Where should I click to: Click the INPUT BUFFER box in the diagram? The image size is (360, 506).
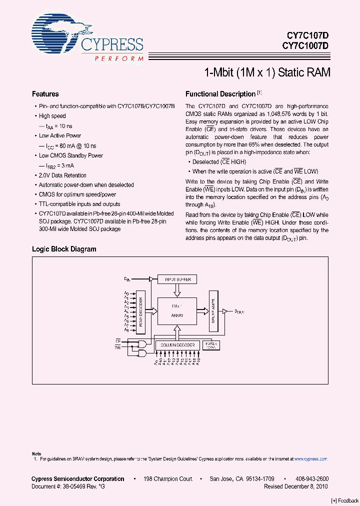[x=177, y=279]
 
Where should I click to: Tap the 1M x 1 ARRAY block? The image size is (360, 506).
[x=177, y=310]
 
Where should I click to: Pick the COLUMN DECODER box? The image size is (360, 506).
[x=177, y=345]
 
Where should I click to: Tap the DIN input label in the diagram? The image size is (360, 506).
[x=127, y=278]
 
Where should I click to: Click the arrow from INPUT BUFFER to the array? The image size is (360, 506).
[x=177, y=290]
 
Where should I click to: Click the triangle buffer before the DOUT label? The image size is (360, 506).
[x=225, y=310]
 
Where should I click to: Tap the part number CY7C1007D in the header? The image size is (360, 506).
[x=305, y=45]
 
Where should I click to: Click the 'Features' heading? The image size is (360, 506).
[x=45, y=94]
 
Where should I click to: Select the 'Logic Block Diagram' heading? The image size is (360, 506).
[x=64, y=249]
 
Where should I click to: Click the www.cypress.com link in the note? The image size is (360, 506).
[x=310, y=458]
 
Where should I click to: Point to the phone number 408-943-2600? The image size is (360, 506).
[x=312, y=478]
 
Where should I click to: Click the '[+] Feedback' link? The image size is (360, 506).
[x=344, y=500]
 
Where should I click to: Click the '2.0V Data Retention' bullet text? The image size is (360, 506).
[x=62, y=175]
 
